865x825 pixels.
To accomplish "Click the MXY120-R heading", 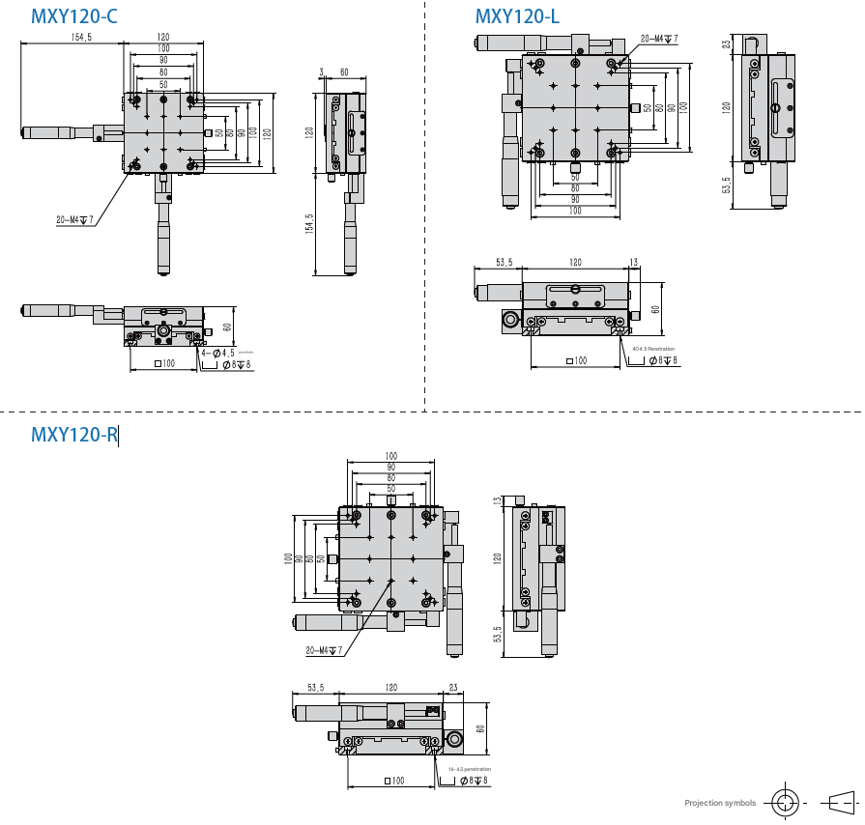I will point(73,435).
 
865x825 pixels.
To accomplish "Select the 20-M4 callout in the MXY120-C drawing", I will point(73,220).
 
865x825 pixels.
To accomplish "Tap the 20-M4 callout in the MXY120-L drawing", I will point(659,40).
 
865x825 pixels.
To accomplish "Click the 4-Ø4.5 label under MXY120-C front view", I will point(217,353).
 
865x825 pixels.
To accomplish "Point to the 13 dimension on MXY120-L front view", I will point(634,262).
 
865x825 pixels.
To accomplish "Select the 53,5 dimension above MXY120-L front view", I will point(505,262).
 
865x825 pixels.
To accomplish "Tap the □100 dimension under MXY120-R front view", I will point(393,780).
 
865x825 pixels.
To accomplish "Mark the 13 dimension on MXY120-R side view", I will point(498,501).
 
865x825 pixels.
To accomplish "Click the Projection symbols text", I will point(720,803).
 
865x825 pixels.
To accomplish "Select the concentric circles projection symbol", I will point(785,802).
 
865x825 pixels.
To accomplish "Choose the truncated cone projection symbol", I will point(840,802).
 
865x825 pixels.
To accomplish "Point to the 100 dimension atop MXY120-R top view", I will point(391,456).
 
